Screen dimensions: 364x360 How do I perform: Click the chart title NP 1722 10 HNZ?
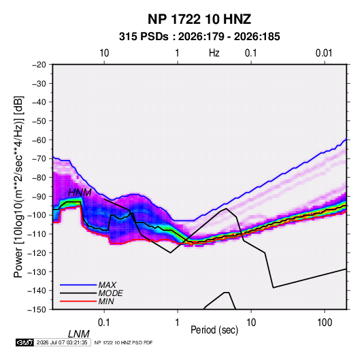point(199,19)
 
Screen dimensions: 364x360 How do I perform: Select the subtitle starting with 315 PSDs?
point(199,37)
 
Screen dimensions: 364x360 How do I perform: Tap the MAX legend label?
point(107,284)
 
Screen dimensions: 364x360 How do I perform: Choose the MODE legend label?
point(110,293)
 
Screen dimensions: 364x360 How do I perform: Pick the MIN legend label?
point(106,301)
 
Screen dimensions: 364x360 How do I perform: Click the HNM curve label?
point(80,193)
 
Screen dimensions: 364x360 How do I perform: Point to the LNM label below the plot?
point(79,334)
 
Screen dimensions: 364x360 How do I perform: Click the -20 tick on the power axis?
point(39,65)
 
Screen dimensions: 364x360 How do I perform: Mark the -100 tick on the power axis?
point(37,215)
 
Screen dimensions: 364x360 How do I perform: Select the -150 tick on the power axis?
point(37,310)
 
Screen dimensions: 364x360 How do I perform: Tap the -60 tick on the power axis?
point(39,140)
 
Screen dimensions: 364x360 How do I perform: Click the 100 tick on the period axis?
point(325,323)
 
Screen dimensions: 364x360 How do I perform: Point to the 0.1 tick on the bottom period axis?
point(104,323)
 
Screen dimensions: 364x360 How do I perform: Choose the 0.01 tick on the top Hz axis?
point(324,53)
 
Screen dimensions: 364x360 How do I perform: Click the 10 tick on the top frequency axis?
point(104,53)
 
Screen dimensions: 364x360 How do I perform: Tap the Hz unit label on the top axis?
point(214,53)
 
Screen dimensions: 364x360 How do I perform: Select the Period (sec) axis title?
point(214,330)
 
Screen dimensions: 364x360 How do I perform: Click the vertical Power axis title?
point(18,186)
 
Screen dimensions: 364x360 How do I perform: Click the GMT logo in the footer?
point(24,342)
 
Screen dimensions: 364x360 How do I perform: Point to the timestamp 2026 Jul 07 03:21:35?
point(62,342)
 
